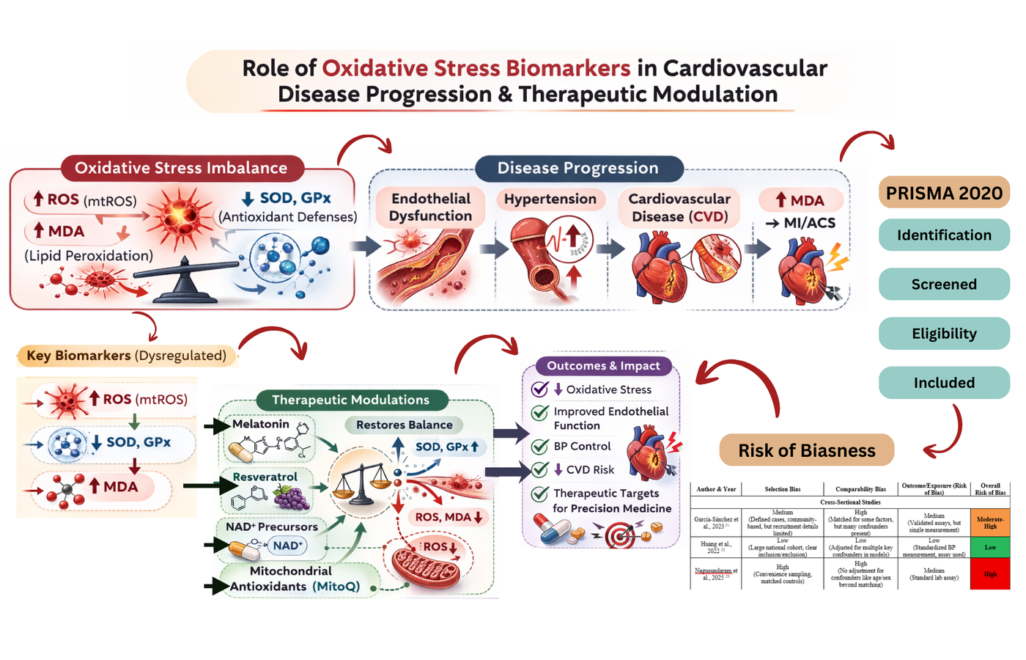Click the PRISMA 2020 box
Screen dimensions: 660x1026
tap(944, 193)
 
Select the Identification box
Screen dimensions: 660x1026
tap(944, 235)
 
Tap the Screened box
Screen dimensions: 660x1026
tap(944, 285)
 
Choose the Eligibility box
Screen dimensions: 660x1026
tap(944, 334)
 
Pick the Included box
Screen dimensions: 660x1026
tap(944, 383)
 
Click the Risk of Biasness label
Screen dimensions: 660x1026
tap(806, 450)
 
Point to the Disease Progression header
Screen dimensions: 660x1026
tap(578, 169)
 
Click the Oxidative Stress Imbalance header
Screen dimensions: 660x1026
tap(181, 168)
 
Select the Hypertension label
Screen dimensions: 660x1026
tap(550, 199)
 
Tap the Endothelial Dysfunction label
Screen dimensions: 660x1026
tap(430, 208)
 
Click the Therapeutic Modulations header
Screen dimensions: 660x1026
tap(351, 400)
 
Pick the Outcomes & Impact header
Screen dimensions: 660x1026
tap(603, 366)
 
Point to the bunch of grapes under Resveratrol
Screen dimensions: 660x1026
tap(292, 498)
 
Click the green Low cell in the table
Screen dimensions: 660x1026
tap(990, 547)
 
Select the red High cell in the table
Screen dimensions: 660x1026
tap(990, 574)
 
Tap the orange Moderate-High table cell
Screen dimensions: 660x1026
tap(990, 522)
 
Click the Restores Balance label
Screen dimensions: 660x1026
tap(405, 425)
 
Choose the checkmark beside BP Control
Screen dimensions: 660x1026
tap(540, 447)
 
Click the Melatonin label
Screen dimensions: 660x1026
tap(261, 424)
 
